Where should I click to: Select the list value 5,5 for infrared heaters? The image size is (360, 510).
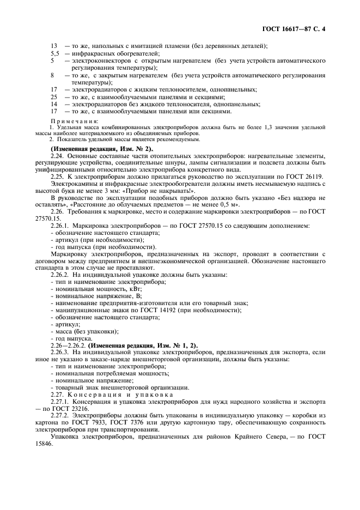(x=54, y=53)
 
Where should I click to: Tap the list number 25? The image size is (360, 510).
(x=54, y=96)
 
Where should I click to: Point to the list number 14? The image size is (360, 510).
(x=54, y=104)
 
